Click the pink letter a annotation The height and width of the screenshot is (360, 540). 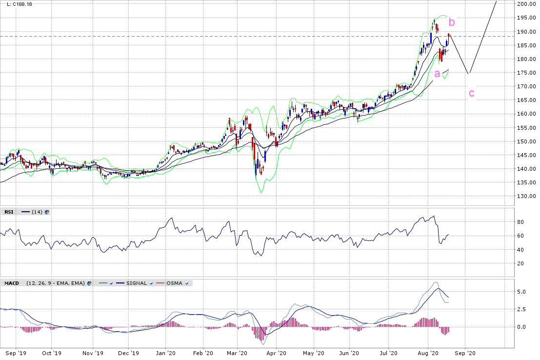point(437,74)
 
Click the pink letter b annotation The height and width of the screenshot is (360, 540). point(452,22)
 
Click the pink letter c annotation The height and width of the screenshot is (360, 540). point(471,93)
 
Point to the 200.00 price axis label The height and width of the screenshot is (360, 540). point(527,4)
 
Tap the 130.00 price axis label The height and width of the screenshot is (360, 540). point(527,197)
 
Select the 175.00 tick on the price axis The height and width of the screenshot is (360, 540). point(527,73)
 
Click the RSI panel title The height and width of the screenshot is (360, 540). point(9,212)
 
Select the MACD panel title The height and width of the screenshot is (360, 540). point(12,283)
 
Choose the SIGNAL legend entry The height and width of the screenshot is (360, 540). point(137,283)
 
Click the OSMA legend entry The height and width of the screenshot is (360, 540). point(174,283)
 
